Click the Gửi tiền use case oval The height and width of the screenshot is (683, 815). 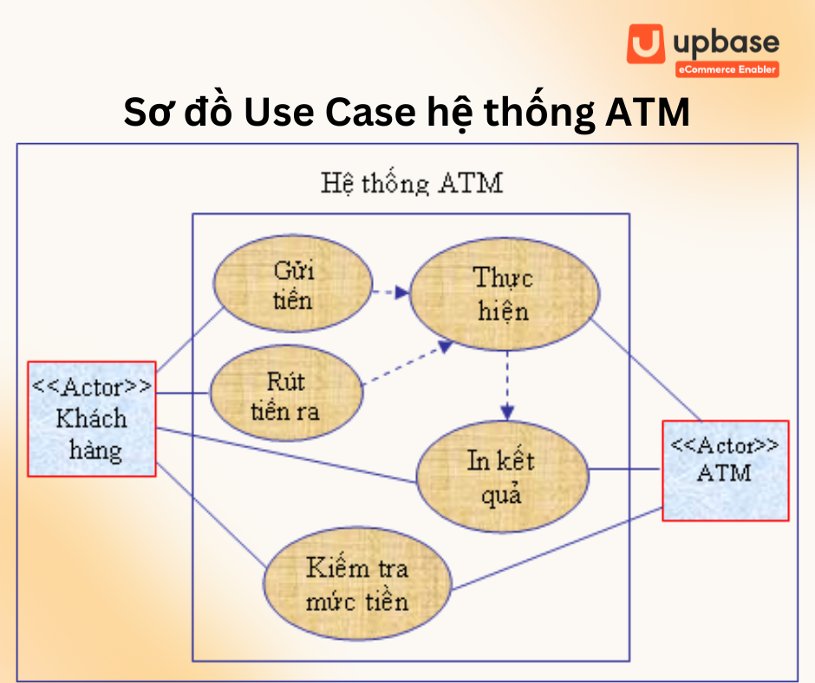pyautogui.click(x=294, y=285)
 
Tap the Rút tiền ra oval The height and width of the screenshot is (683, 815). pyautogui.click(x=285, y=395)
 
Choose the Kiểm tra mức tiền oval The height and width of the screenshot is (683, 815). pyautogui.click(x=357, y=585)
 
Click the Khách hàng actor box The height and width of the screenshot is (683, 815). pyautogui.click(x=91, y=419)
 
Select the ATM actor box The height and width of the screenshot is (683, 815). pyautogui.click(x=725, y=470)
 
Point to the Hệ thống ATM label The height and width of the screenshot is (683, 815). pyautogui.click(x=411, y=183)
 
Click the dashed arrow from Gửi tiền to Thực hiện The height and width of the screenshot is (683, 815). pyautogui.click(x=390, y=292)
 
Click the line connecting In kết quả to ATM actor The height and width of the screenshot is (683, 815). pyautogui.click(x=625, y=471)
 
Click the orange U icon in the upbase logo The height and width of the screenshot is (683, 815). pyautogui.click(x=645, y=44)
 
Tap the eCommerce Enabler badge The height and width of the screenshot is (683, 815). pyautogui.click(x=727, y=69)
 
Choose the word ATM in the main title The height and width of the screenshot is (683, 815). pyautogui.click(x=644, y=114)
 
